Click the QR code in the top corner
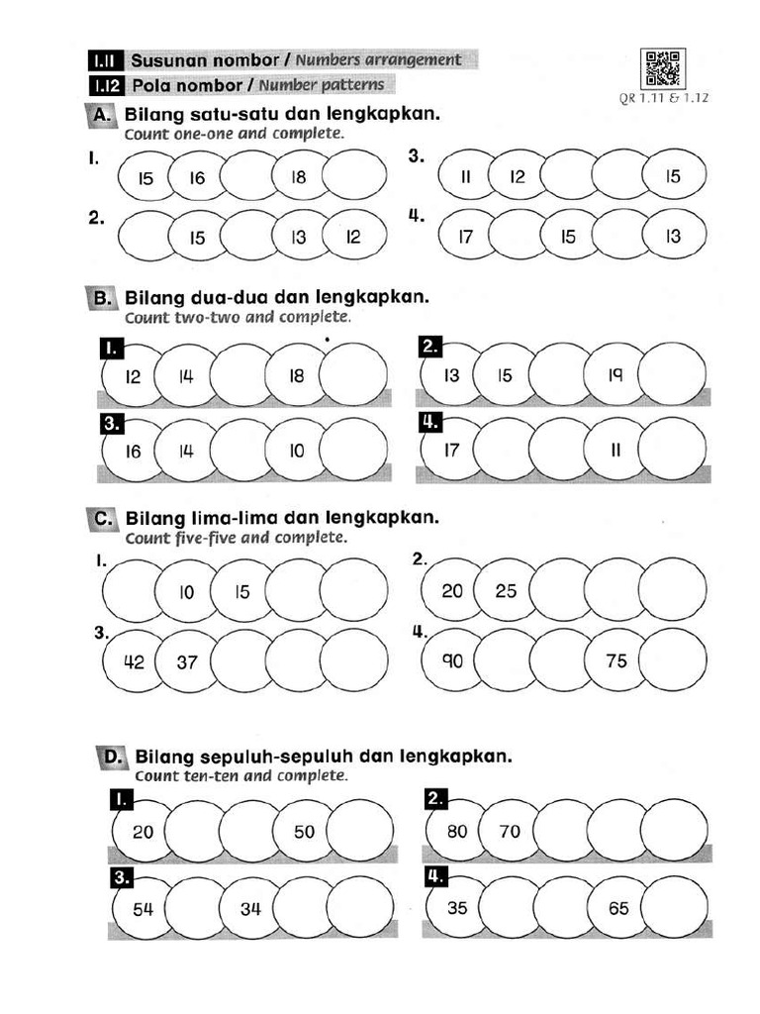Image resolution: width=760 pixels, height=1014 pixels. pyautogui.click(x=661, y=68)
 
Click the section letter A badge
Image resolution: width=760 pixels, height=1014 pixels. pyautogui.click(x=102, y=115)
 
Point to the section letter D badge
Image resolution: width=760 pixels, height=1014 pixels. pyautogui.click(x=112, y=758)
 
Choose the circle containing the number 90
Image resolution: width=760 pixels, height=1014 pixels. pyautogui.click(x=452, y=660)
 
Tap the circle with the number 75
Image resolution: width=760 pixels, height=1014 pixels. pyautogui.click(x=617, y=660)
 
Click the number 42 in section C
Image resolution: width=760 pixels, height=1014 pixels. pyautogui.click(x=134, y=661)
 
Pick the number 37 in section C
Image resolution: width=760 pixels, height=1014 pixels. pyautogui.click(x=187, y=661)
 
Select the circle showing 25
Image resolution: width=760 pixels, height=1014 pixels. pyautogui.click(x=506, y=591)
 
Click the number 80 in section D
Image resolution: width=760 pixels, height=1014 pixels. pyautogui.click(x=456, y=832)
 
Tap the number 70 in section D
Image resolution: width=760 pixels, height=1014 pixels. pyautogui.click(x=510, y=832)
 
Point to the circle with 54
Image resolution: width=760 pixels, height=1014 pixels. pyautogui.click(x=142, y=907)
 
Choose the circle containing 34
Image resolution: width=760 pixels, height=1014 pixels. pyautogui.click(x=250, y=907)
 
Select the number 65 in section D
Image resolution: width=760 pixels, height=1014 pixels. pyautogui.click(x=618, y=907)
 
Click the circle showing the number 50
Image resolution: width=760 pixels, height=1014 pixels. pyautogui.click(x=304, y=832)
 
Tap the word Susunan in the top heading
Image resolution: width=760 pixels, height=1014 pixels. pyautogui.click(x=166, y=60)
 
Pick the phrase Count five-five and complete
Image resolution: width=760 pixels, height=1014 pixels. pyautogui.click(x=237, y=539)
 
